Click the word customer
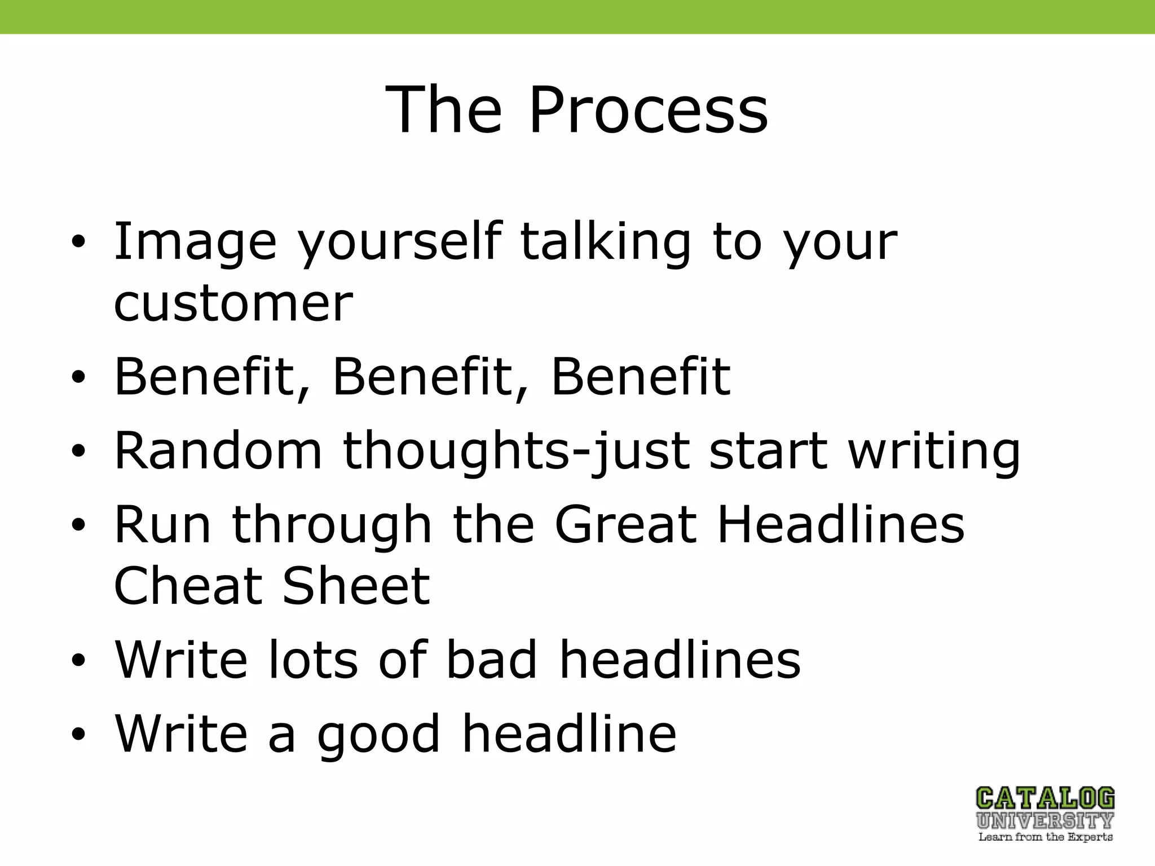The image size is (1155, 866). pos(233,304)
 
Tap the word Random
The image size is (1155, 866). pos(218,450)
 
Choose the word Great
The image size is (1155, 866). pos(626,524)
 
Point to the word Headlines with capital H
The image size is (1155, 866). pos(840,524)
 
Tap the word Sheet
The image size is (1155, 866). pos(356,586)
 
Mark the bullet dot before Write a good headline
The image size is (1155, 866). pos(78,734)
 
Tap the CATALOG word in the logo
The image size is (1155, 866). pos(1045,798)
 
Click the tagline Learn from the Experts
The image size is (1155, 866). pos(1045,837)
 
